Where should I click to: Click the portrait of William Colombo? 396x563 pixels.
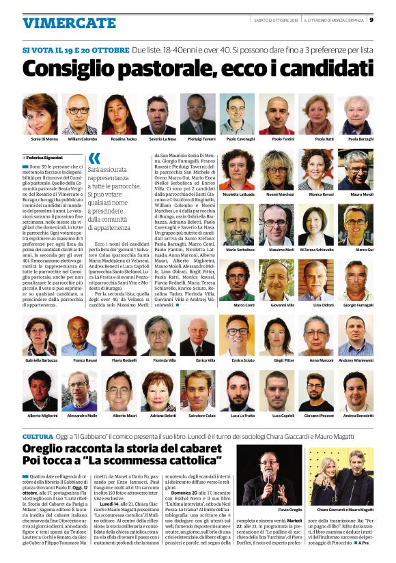pyautogui.click(x=80, y=114)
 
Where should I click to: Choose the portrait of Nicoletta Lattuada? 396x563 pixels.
pyautogui.click(x=237, y=169)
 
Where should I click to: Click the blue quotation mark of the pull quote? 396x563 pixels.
pyautogui.click(x=94, y=158)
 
